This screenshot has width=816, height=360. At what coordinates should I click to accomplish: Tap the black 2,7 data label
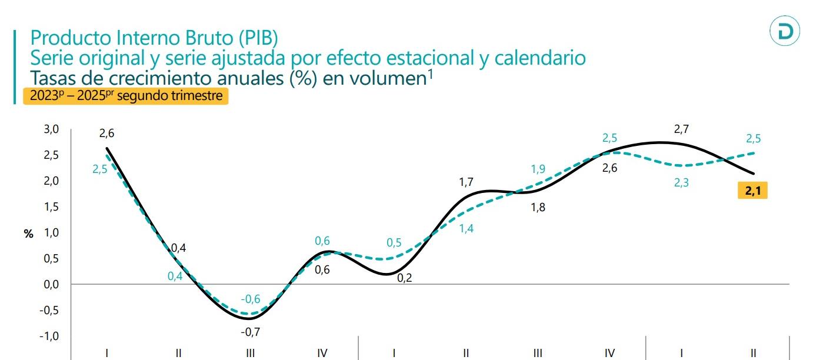click(x=681, y=129)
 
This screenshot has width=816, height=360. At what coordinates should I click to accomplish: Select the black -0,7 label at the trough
click(x=250, y=332)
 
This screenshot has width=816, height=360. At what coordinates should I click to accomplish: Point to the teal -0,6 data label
click(x=250, y=299)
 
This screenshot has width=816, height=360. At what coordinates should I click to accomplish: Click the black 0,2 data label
click(x=404, y=278)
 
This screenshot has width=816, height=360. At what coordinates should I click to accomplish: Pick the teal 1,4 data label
click(x=466, y=229)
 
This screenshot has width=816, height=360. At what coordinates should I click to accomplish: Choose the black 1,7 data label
click(x=466, y=182)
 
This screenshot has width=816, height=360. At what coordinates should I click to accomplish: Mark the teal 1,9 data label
click(x=538, y=169)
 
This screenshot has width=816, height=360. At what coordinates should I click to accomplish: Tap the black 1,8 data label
click(x=538, y=207)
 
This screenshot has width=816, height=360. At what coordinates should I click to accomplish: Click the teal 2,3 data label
click(x=681, y=183)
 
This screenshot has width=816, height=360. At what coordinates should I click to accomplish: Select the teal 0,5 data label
click(x=394, y=243)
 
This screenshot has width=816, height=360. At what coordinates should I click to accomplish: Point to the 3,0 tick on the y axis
click(x=52, y=129)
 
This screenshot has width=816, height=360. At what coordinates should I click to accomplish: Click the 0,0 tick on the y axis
click(x=52, y=285)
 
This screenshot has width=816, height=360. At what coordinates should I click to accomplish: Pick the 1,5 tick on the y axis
click(x=52, y=207)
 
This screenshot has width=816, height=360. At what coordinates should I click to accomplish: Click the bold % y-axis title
click(x=28, y=234)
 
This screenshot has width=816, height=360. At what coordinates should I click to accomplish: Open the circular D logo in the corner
click(x=785, y=31)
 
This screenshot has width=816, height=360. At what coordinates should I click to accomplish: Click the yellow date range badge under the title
click(x=125, y=96)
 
